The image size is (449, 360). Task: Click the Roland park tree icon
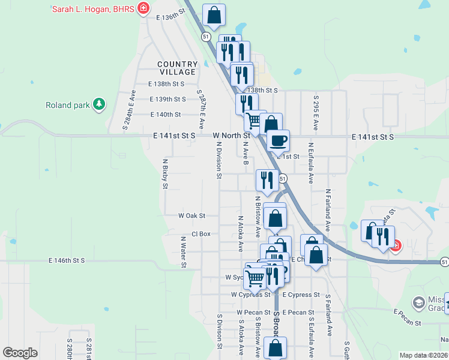coord(99,105)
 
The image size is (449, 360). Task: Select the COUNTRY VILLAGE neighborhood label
coord(178,68)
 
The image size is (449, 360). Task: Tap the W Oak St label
coord(191,215)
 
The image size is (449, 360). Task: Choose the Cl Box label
coord(200,233)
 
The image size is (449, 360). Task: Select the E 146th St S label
coord(67,260)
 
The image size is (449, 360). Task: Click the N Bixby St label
coord(165,173)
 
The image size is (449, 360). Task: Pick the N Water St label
coord(184,251)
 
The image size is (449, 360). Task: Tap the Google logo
coord(20,352)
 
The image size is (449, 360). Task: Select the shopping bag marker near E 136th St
coord(214,16)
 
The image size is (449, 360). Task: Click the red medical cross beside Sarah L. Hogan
coord(143,8)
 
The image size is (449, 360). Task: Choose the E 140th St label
coord(166,114)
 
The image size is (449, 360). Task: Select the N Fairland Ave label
coord(328,211)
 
